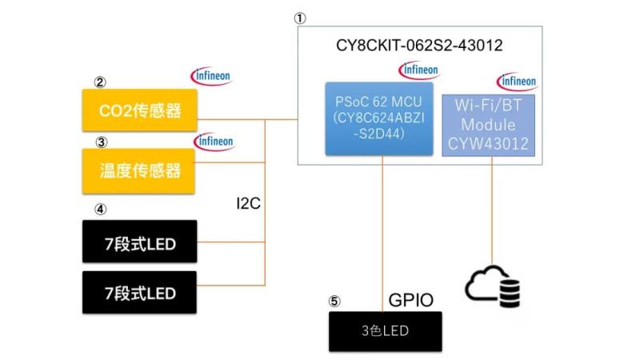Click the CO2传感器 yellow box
pos(139,110)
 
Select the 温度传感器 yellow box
pos(139,170)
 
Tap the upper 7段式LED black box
pos(139,241)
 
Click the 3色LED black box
pos(385,331)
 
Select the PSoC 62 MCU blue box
pos(383,118)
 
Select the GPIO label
pos(410,301)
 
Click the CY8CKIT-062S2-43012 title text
pos(419,46)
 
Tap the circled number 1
pos(301,16)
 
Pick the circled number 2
pos(100,82)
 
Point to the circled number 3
pos(100,142)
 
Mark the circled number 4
pos(100,210)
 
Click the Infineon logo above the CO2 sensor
pos(211,77)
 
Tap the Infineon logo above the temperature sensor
pos(214,142)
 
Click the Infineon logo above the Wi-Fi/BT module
pos(518,81)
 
